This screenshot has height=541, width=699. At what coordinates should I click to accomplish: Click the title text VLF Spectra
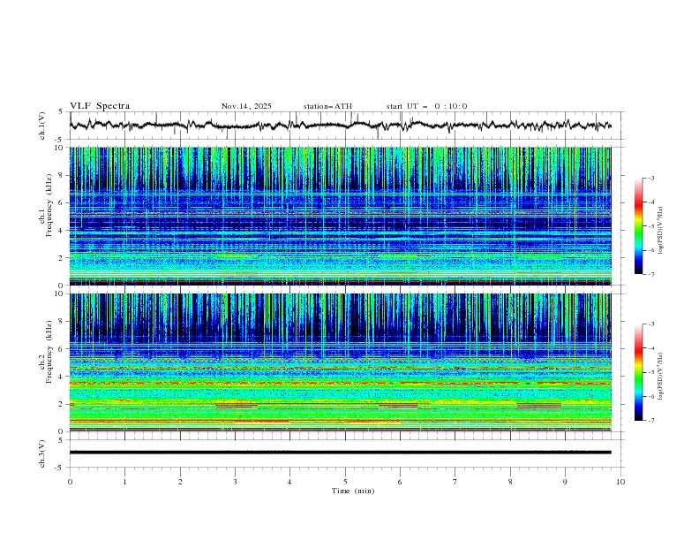100,106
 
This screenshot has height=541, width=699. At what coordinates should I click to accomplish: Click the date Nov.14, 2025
246,106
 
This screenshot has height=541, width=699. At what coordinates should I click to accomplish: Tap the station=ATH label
327,106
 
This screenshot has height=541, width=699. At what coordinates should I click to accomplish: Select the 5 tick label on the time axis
345,482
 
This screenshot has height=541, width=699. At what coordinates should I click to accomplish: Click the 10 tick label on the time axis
620,482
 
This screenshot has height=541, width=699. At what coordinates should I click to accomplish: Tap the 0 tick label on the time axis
70,482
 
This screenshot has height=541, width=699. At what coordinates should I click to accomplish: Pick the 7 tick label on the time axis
455,482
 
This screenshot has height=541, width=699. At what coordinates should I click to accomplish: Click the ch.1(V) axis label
43,126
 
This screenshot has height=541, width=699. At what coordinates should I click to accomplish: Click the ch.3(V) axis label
43,453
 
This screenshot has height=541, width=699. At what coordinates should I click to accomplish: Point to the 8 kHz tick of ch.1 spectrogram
61,175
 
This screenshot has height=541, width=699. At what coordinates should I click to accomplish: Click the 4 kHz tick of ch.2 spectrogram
61,377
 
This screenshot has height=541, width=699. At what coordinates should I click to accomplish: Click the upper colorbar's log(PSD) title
660,226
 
